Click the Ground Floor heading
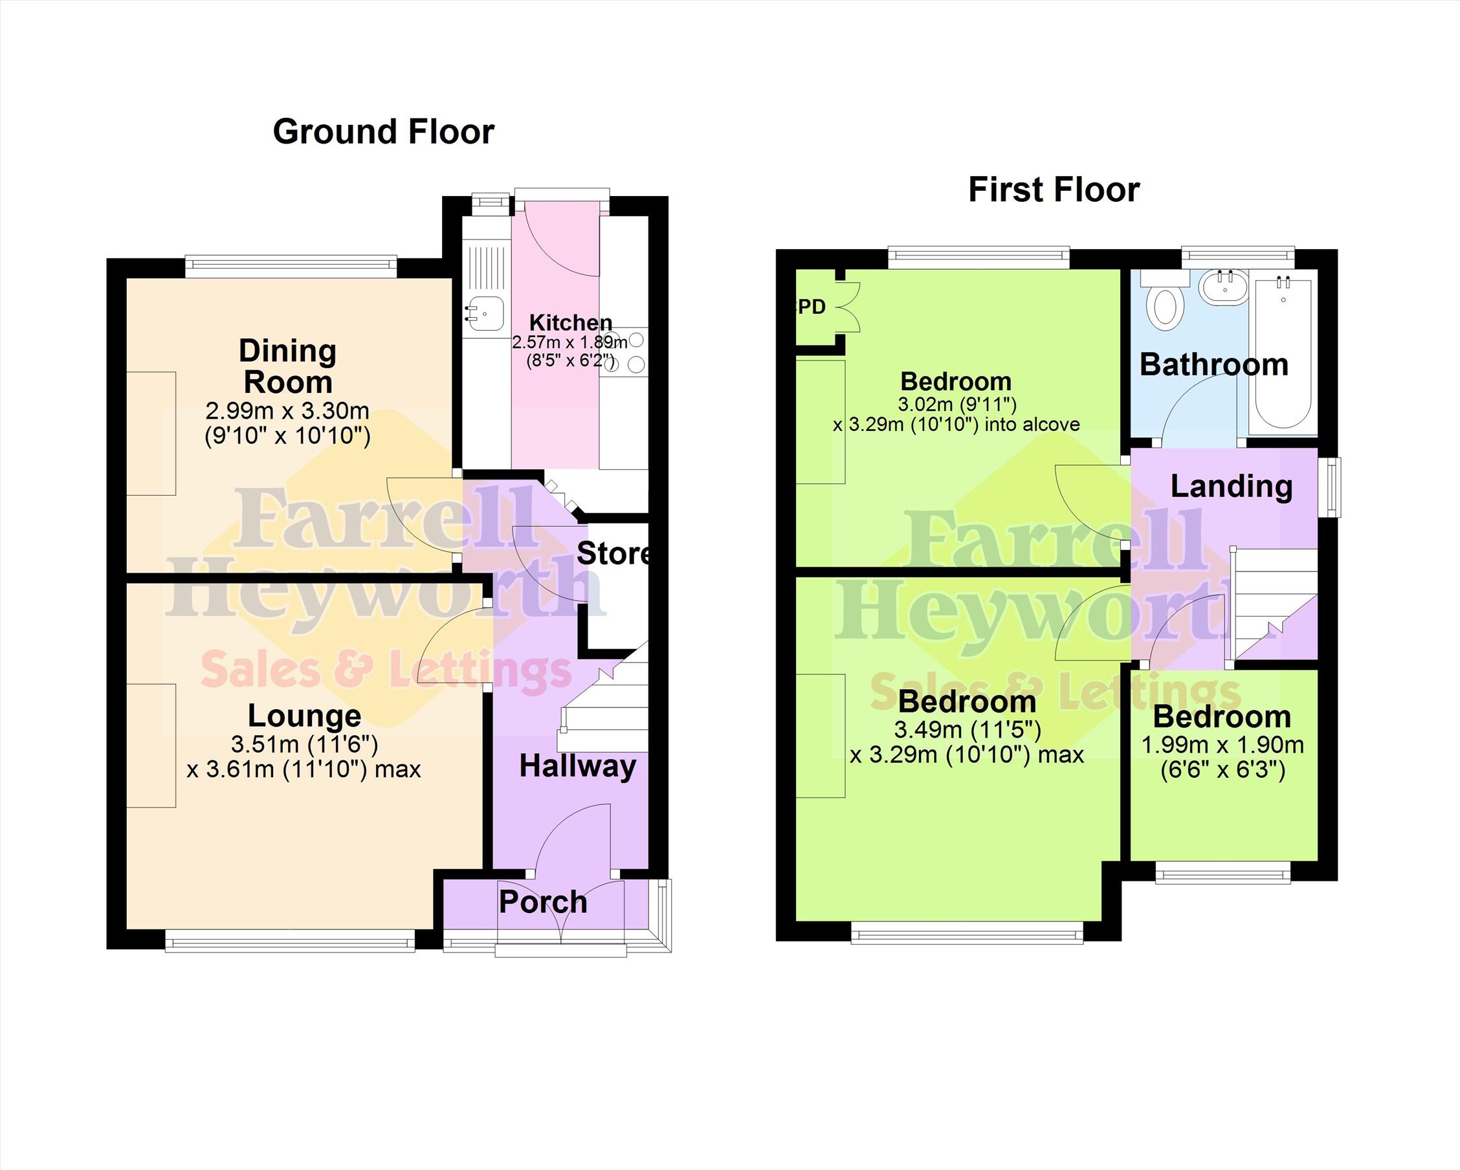click(383, 132)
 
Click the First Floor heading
click(1054, 190)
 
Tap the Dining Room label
click(288, 366)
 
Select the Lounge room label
click(305, 716)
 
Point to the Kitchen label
click(570, 322)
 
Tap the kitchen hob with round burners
click(624, 351)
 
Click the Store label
click(614, 554)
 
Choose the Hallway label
click(578, 767)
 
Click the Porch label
click(543, 902)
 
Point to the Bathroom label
click(1213, 365)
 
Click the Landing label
click(1231, 486)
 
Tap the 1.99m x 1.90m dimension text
click(1222, 745)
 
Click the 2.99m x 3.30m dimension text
click(287, 410)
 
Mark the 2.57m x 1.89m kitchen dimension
click(570, 342)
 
